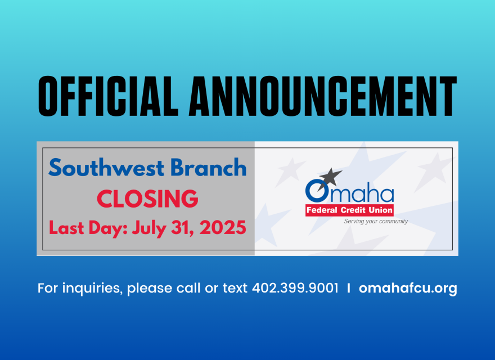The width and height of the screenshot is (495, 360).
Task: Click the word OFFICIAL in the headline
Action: [x=108, y=96]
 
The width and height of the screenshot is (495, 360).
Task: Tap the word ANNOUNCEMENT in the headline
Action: [x=323, y=96]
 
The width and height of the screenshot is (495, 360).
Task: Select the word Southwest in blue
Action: [x=106, y=168]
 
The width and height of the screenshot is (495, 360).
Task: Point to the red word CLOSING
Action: [x=147, y=199]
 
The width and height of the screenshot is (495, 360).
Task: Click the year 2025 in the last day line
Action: [x=223, y=227]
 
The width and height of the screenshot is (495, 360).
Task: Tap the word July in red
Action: [x=149, y=228]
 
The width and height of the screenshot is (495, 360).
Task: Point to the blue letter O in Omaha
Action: [x=317, y=191]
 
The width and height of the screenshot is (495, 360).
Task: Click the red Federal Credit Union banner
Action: [x=349, y=210]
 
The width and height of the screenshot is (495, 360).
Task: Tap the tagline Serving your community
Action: [x=376, y=222]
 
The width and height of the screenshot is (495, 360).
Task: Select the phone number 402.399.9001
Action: [x=295, y=288]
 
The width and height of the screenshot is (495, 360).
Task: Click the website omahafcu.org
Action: [x=408, y=289]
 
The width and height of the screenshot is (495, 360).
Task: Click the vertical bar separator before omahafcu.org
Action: [x=349, y=288]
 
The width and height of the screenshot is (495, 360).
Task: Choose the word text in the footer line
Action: [x=235, y=288]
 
